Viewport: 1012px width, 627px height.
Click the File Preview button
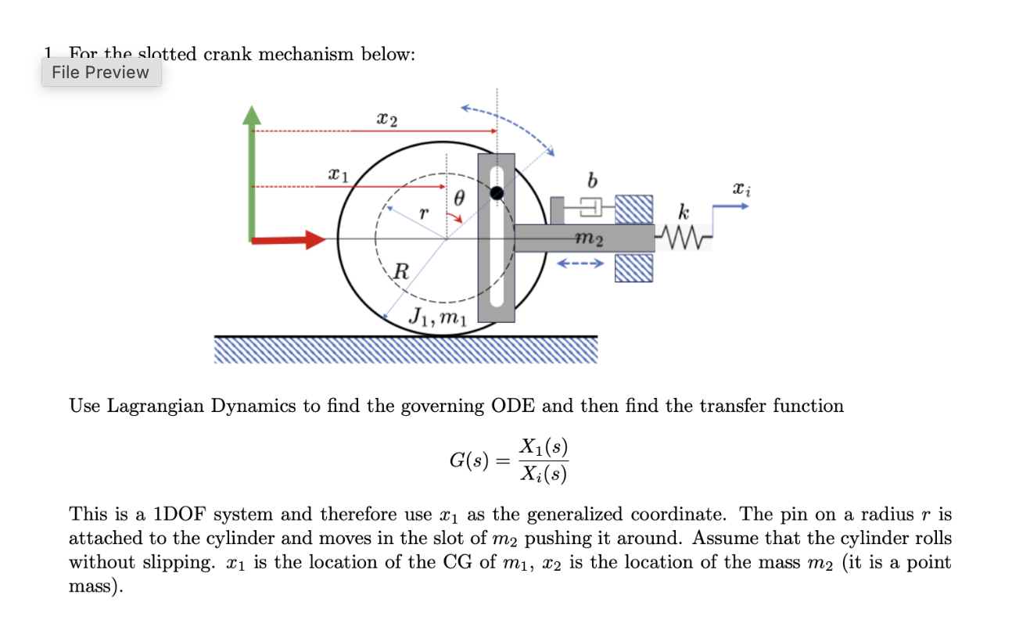pyautogui.click(x=101, y=73)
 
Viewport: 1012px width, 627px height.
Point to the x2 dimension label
pyautogui.click(x=386, y=120)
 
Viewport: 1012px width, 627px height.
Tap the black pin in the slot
pyautogui.click(x=497, y=192)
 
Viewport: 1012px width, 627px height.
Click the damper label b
pyautogui.click(x=591, y=182)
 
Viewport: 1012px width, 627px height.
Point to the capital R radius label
pyautogui.click(x=400, y=273)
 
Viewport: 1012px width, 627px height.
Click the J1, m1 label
pyautogui.click(x=438, y=317)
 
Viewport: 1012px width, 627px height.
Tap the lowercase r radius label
pyautogui.click(x=423, y=212)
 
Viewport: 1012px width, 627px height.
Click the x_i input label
pyautogui.click(x=737, y=188)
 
